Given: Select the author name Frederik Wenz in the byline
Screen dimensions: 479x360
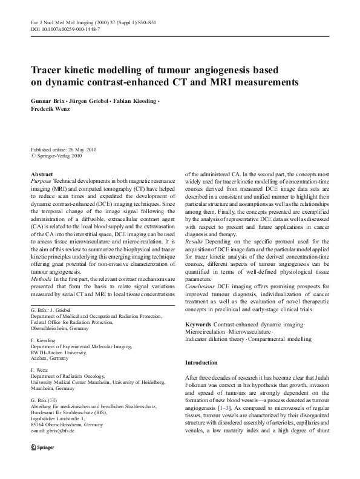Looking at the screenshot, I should tap(50, 110).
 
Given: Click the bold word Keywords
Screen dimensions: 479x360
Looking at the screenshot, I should tap(199, 325).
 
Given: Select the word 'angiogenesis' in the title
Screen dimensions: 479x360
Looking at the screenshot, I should tap(228, 69).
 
